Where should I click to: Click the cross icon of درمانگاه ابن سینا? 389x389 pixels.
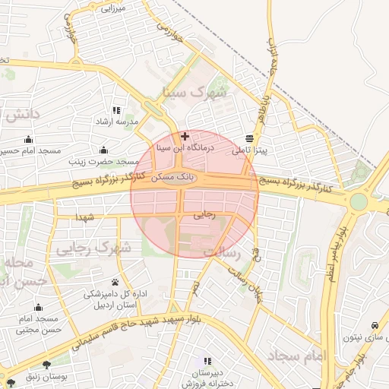pyautogui.click(x=185, y=136)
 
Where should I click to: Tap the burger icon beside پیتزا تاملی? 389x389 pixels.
pyautogui.click(x=250, y=138)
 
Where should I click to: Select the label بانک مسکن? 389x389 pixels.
pyautogui.click(x=173, y=176)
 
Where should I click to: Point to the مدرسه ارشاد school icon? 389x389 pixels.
pyautogui.click(x=115, y=110)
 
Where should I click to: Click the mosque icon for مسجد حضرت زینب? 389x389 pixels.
pyautogui.click(x=103, y=149)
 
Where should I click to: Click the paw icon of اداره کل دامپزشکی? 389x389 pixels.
pyautogui.click(x=115, y=282)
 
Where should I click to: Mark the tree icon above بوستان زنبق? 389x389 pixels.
pyautogui.click(x=47, y=365)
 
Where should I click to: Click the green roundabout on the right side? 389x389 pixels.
pyautogui.click(x=358, y=202)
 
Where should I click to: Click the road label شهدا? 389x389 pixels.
pyautogui.click(x=84, y=218)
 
